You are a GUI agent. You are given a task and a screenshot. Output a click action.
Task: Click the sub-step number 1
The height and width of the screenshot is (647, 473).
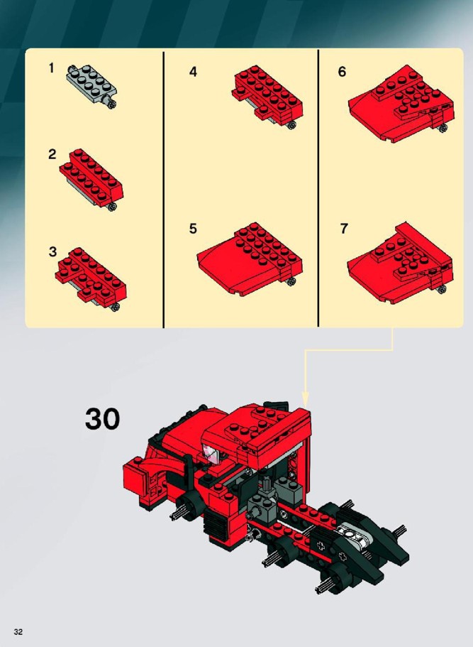coord(51,68)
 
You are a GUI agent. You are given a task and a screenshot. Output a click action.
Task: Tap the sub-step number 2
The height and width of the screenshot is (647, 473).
coord(52,154)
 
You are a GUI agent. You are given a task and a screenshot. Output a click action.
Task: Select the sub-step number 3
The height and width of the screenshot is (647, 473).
coord(52,251)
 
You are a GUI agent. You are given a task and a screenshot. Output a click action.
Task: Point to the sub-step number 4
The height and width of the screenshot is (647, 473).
coord(193,72)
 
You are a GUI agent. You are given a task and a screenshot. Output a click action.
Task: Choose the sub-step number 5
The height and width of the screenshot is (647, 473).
coord(193,229)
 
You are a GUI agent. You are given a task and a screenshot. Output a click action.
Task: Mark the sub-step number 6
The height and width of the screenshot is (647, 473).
coord(342,72)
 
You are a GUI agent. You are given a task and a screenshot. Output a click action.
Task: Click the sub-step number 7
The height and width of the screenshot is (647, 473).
coord(344,229)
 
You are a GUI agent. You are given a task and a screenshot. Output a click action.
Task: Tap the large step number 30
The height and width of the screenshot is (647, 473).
coord(102,419)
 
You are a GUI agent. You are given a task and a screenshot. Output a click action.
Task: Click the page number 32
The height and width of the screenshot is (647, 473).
coord(18,632)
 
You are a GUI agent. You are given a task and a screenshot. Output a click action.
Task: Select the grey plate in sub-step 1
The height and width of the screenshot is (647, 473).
coord(91,86)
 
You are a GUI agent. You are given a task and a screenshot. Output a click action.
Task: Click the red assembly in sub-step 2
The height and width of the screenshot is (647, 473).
coord(91,179)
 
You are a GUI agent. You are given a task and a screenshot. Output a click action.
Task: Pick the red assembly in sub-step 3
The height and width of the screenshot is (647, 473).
coord(91,278)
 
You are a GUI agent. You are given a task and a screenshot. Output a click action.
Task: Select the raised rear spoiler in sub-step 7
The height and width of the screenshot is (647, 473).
coord(424,244)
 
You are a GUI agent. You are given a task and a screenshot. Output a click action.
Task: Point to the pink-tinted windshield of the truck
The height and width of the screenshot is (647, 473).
coord(213,454)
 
